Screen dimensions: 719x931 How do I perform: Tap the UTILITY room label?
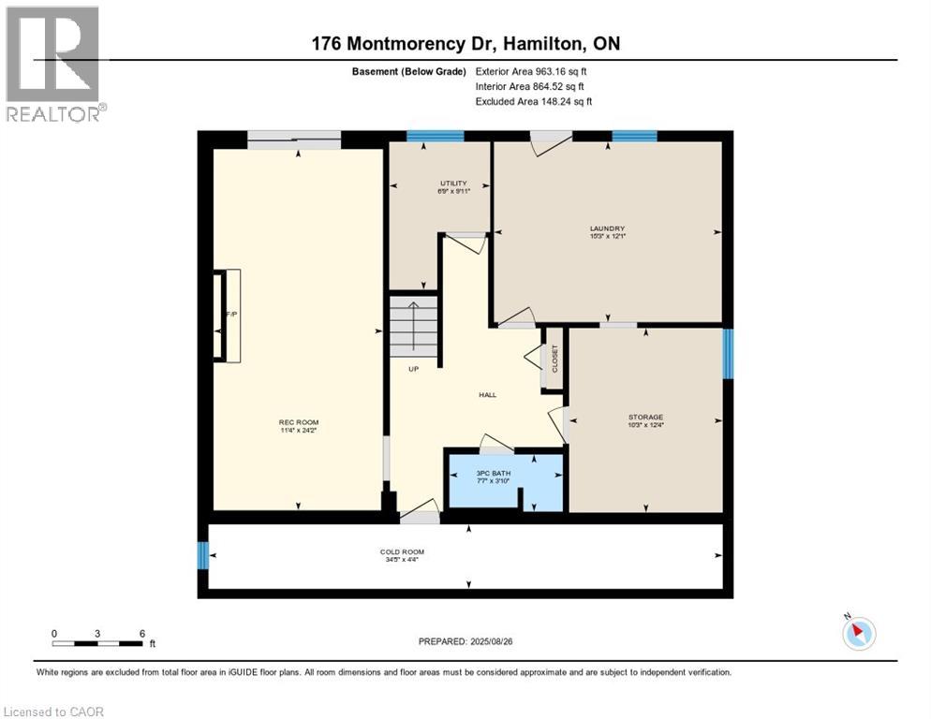(452, 183)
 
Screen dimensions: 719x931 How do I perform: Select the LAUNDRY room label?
(607, 228)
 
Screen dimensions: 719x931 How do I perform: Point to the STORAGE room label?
(645, 417)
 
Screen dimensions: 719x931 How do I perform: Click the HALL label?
(487, 394)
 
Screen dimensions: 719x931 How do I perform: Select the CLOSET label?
(554, 359)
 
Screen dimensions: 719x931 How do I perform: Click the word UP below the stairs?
(412, 369)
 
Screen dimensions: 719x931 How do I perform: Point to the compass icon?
(858, 633)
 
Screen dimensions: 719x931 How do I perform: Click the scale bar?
(98, 642)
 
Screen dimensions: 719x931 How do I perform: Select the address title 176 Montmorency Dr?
(465, 43)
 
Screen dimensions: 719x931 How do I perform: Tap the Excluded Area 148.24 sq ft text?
(533, 101)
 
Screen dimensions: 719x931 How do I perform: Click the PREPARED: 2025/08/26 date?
(465, 641)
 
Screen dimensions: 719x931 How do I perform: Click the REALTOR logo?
(54, 63)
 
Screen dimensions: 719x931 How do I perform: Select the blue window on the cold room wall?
(201, 555)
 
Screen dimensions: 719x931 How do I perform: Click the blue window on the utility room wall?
(436, 136)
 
